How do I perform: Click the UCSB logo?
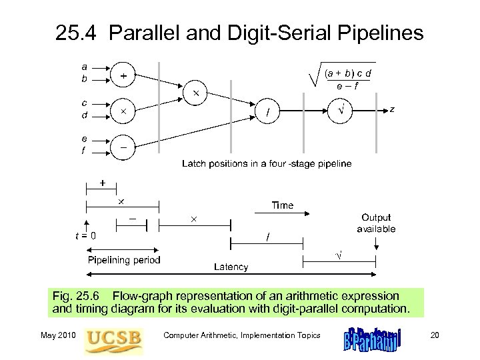click(114, 337)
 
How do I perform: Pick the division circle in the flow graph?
click(269, 113)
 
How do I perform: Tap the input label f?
click(83, 151)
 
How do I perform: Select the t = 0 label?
click(85, 235)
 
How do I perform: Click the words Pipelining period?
click(125, 260)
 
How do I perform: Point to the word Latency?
click(231, 267)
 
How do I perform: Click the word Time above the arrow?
click(282, 205)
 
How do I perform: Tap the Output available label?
click(377, 223)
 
